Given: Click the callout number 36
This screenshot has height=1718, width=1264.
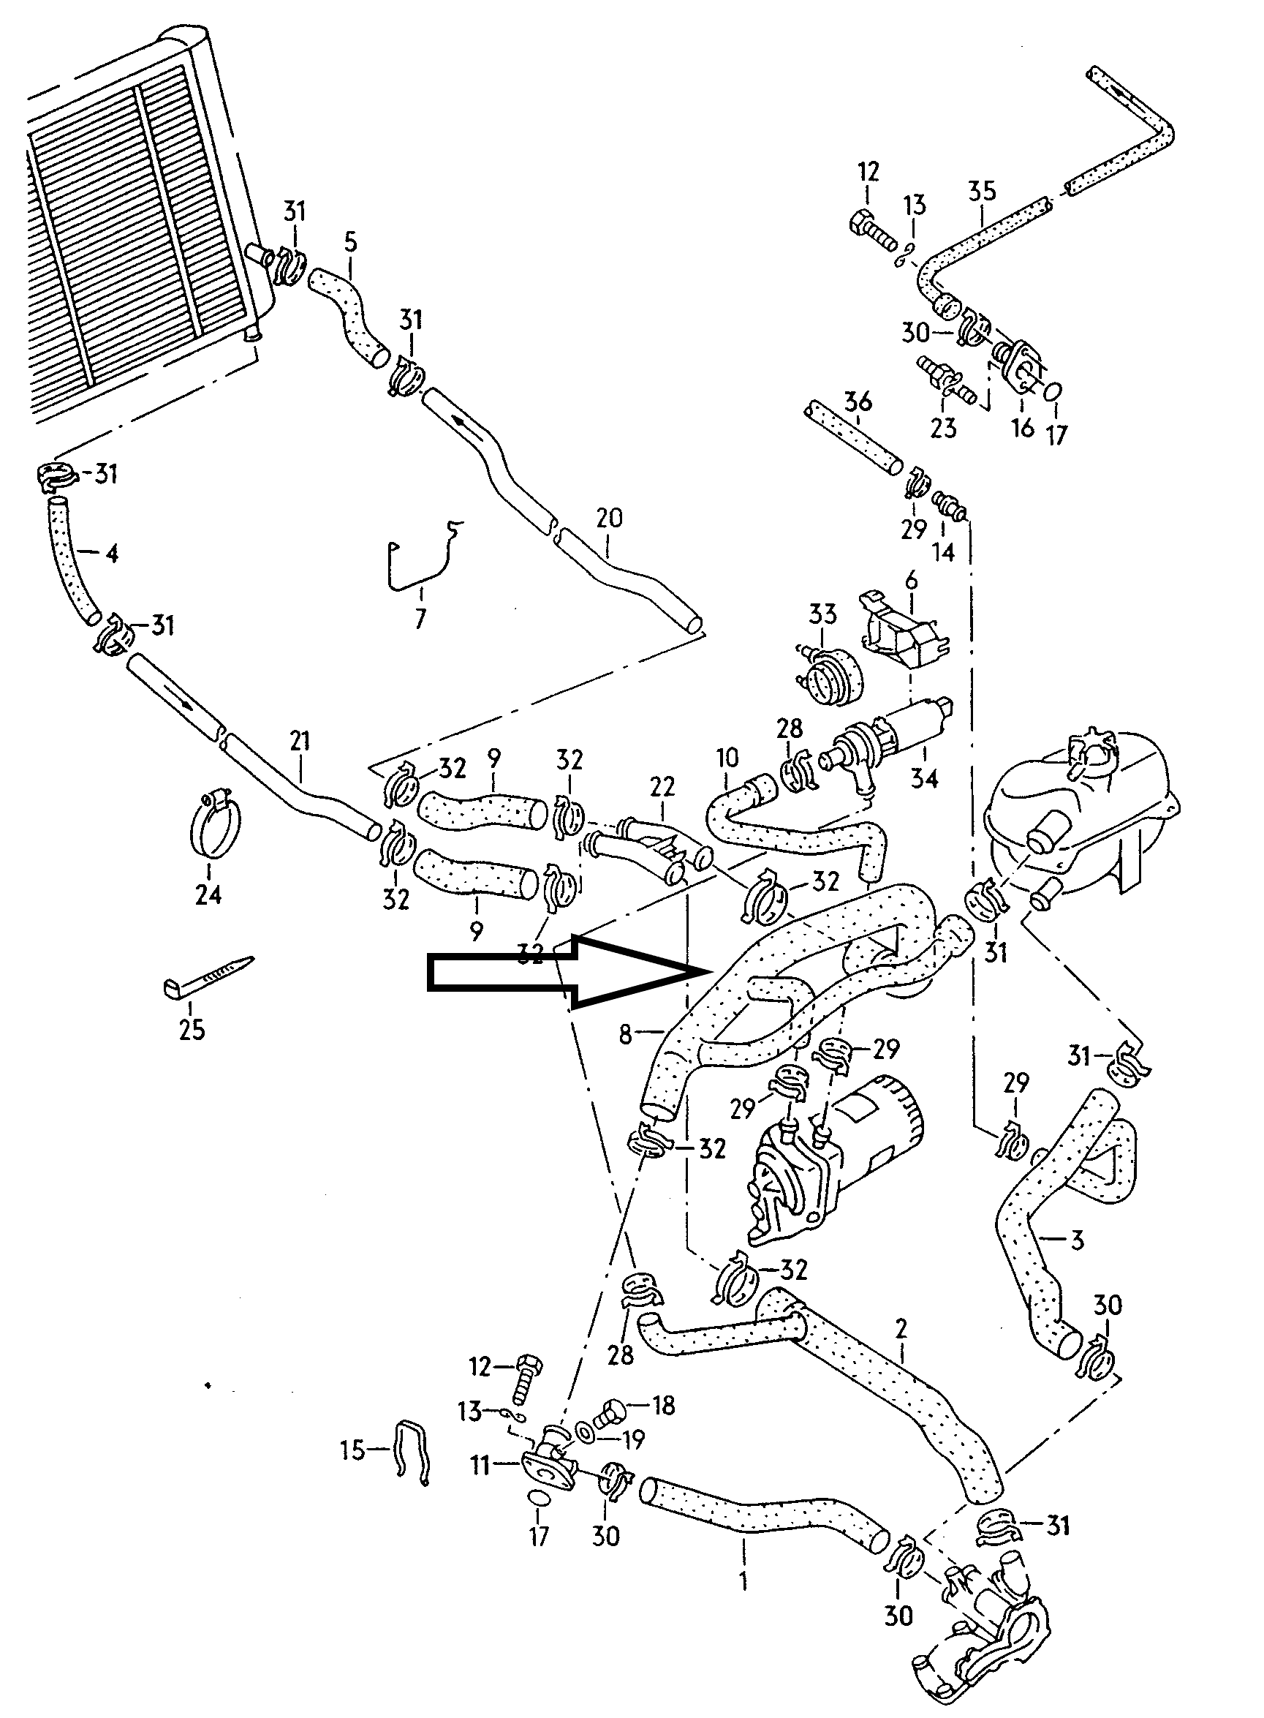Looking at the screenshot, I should pos(858,401).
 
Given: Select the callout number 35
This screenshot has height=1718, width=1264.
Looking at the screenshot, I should pos(982,191).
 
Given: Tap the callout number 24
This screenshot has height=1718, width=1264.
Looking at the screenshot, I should pos(208,894).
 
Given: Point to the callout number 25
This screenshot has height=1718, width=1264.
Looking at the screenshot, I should pos(192,1029).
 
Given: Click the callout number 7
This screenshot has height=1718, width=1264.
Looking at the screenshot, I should pos(420,617).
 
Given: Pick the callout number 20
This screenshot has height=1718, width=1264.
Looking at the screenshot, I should pos(609,518).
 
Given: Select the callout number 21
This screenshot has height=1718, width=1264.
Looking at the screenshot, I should pos(300,741).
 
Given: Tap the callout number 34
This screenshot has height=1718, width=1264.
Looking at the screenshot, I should pos(923,778).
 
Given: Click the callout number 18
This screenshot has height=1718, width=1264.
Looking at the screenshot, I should pos(663,1405).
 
